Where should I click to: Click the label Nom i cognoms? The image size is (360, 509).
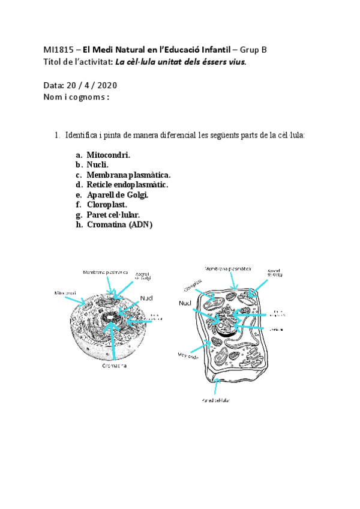(76, 97)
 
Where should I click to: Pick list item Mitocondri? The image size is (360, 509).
(108, 155)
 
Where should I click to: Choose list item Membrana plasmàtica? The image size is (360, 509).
(128, 175)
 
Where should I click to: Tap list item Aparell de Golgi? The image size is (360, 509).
(117, 194)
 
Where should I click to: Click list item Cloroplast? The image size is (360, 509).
(107, 204)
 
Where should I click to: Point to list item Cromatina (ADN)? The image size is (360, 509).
(119, 224)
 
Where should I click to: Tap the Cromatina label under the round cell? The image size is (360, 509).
(113, 365)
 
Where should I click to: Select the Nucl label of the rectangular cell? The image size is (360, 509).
(185, 304)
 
